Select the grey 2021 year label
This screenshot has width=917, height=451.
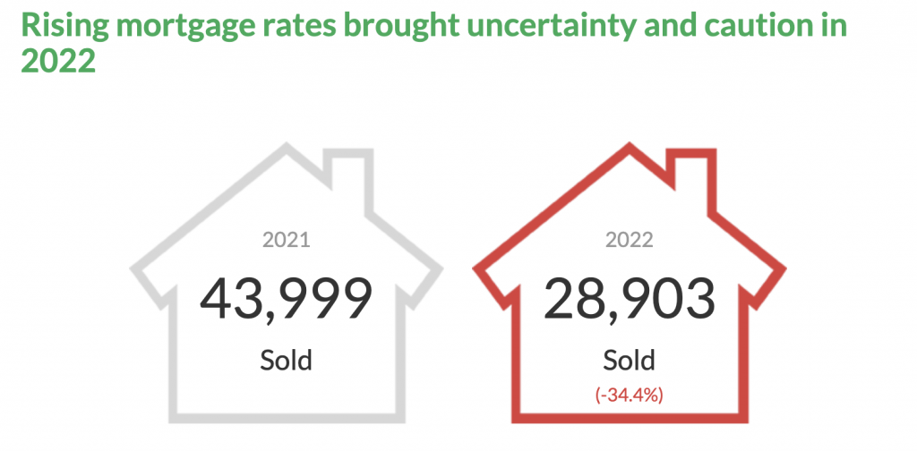(286, 240)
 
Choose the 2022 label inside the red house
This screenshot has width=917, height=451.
(630, 240)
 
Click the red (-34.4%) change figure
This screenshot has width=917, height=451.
(630, 395)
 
